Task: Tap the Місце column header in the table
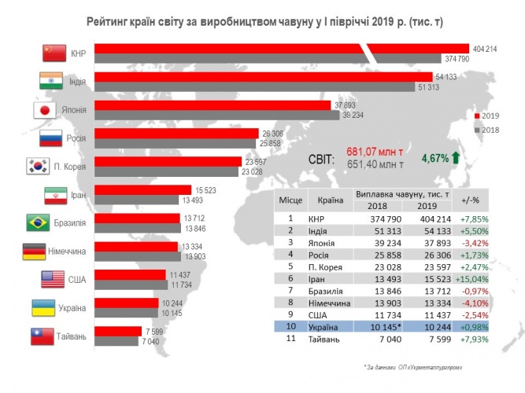point(290,200)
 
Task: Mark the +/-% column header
point(470,200)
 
